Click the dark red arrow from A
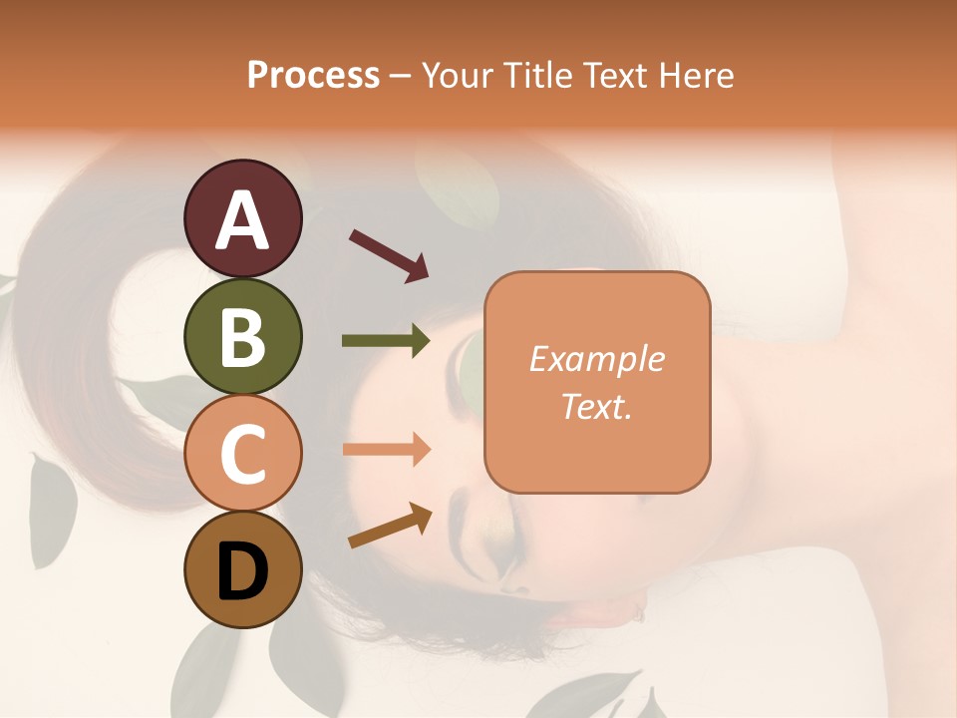389,254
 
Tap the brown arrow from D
390,526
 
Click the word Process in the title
313,75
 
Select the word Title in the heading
535,75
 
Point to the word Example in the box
596,359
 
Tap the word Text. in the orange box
596,406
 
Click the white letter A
243,220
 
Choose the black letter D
243,571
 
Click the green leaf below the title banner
458,186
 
